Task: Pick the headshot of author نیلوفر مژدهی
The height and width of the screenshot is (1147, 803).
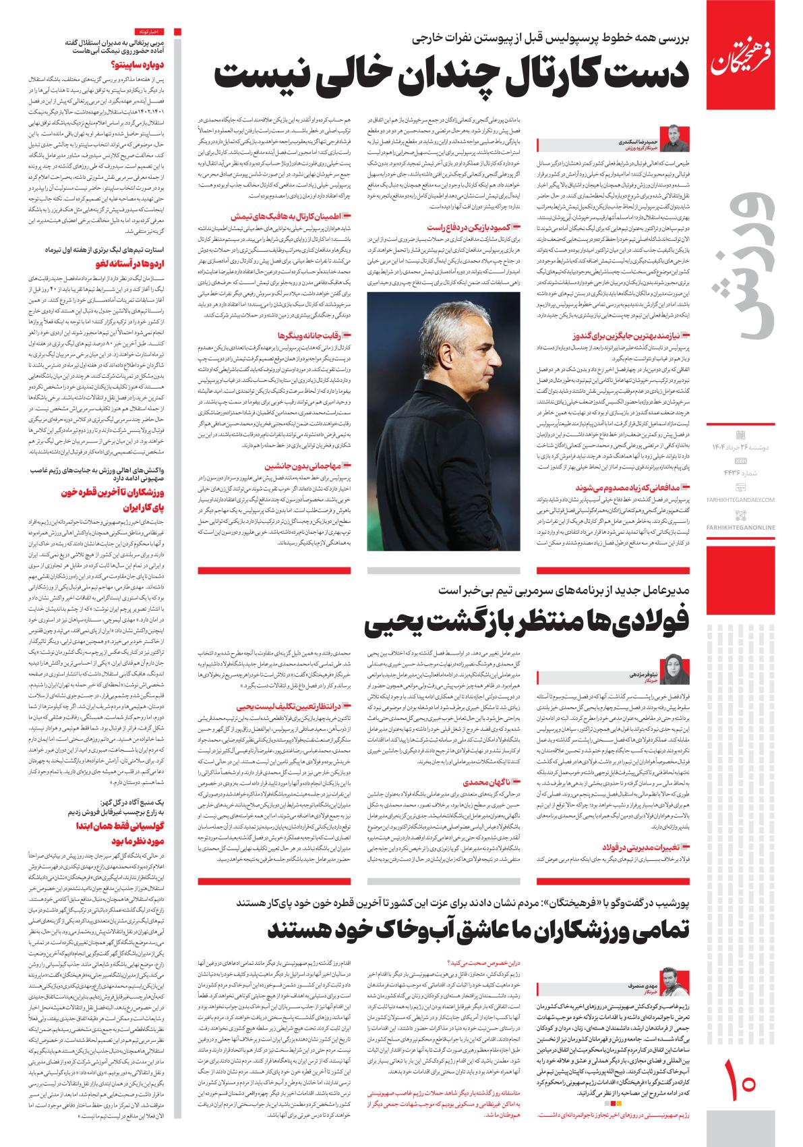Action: click(672, 669)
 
